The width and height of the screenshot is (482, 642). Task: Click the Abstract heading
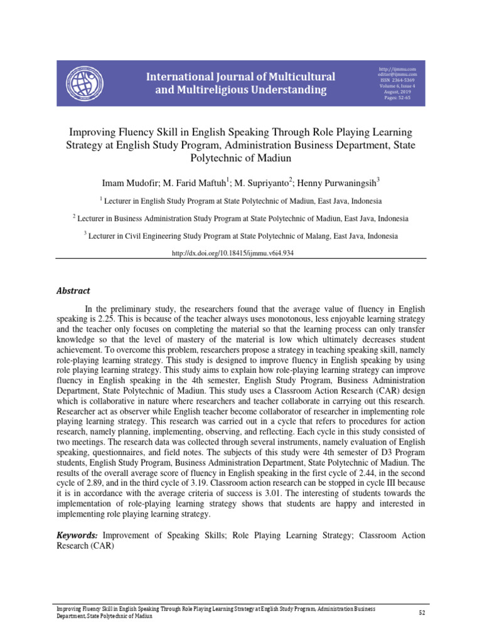coord(73,291)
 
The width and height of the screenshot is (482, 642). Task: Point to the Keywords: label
coord(77,535)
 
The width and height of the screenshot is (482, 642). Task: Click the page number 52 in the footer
coord(422,612)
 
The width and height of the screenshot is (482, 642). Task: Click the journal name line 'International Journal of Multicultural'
coord(240,76)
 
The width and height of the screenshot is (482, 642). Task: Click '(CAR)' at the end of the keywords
coord(100,546)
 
